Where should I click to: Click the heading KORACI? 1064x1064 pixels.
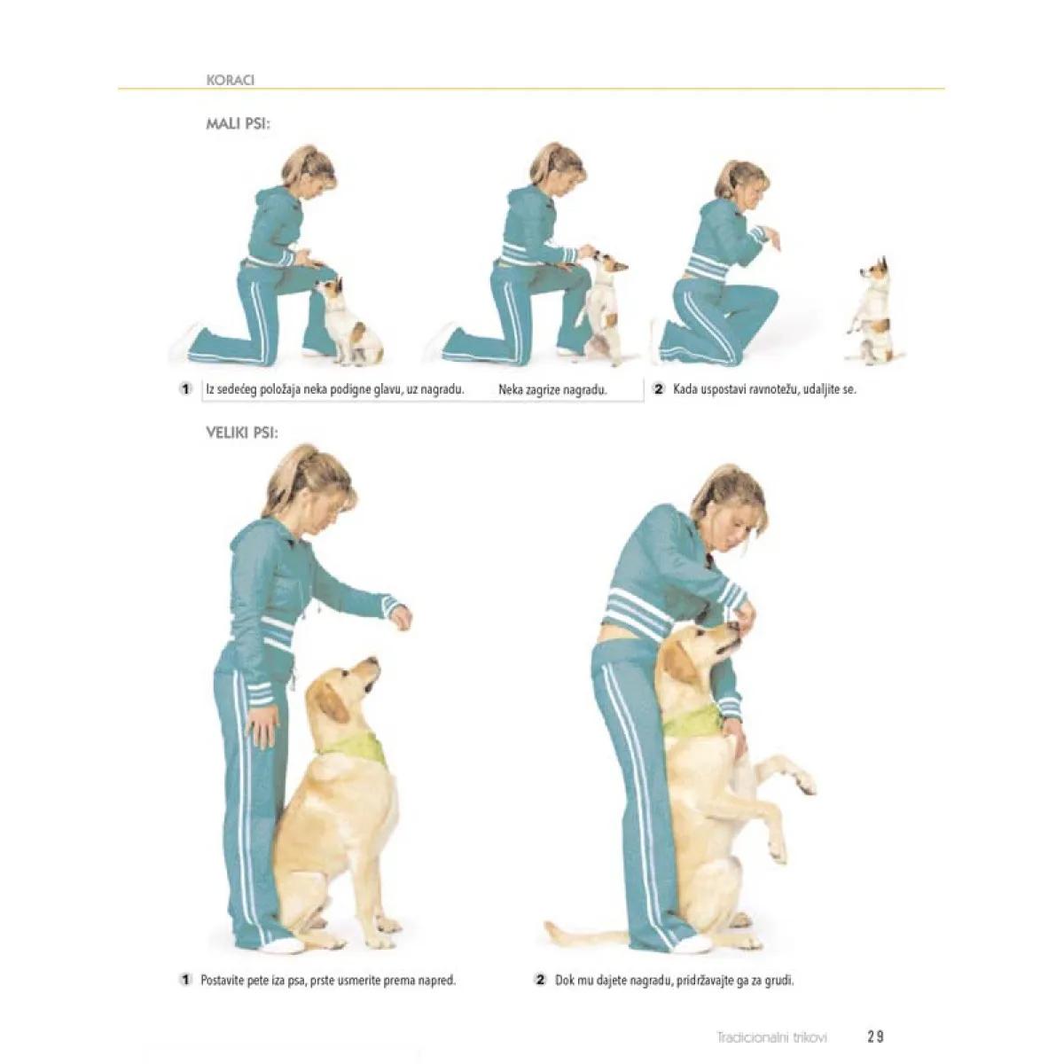click(x=230, y=80)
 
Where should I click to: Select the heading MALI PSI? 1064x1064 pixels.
click(x=239, y=123)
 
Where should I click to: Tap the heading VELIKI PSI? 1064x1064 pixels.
click(x=242, y=433)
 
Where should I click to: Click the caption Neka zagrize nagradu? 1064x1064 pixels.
click(x=552, y=390)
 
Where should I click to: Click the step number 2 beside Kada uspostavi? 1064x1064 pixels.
click(x=658, y=389)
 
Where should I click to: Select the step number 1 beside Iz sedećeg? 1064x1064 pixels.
click(x=185, y=389)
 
